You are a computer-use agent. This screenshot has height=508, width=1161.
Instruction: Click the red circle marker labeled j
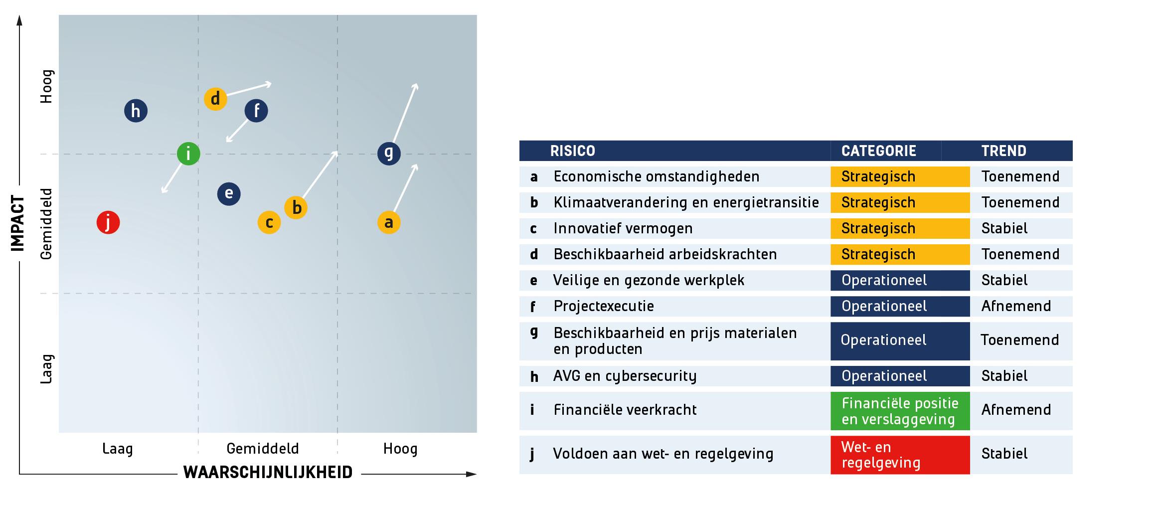(108, 222)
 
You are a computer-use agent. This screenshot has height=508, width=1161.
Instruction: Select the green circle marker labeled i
(188, 154)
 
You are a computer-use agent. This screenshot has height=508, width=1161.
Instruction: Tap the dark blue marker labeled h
(136, 111)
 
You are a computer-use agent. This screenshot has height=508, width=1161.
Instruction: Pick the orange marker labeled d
(215, 99)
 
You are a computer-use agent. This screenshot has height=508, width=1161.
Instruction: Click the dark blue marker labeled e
(229, 193)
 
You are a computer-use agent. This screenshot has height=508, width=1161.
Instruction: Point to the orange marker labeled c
(269, 222)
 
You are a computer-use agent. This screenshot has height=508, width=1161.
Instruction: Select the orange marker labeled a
(389, 222)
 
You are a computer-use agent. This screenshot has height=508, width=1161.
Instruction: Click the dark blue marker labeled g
(389, 153)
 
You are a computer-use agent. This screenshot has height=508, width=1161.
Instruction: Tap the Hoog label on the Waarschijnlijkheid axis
(400, 449)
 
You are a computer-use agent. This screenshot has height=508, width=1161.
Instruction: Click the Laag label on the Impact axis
(46, 369)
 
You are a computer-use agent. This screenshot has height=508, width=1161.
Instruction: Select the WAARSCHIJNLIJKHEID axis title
(268, 472)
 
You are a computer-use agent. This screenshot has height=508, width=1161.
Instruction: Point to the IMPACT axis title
(18, 223)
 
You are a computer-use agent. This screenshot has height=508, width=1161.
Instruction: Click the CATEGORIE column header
(879, 151)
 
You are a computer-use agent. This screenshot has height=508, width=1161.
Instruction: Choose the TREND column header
(1004, 151)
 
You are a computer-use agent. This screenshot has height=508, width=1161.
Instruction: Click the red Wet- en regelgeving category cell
(900, 455)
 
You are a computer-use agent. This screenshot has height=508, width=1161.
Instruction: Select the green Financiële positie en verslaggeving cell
(900, 411)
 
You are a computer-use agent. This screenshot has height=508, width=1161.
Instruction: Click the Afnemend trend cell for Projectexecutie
(1016, 306)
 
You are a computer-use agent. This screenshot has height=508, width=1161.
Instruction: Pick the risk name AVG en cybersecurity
(625, 376)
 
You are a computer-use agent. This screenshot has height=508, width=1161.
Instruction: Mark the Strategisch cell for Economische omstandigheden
(900, 176)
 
